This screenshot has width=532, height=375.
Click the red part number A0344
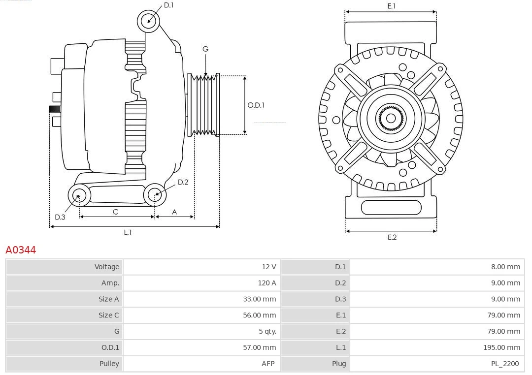[x=21, y=250]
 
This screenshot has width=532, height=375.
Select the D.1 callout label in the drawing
[x=168, y=5]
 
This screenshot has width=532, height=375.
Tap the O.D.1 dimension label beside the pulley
[x=256, y=105]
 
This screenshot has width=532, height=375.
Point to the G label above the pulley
[x=205, y=49]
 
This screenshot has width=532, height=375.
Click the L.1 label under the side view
[x=128, y=232]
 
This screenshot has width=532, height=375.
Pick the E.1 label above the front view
[x=392, y=6]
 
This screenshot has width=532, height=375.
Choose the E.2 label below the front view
[x=392, y=237]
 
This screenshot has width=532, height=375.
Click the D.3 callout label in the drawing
[x=60, y=217]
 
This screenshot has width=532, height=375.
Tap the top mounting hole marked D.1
[x=148, y=21]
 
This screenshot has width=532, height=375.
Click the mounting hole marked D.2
[x=155, y=195]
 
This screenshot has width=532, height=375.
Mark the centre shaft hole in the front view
[x=391, y=118]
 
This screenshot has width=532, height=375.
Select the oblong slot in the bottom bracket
[x=391, y=207]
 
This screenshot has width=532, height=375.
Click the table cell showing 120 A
[x=201, y=283]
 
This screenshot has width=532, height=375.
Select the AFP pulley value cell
[x=201, y=364]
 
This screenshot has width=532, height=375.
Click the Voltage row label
[x=64, y=267]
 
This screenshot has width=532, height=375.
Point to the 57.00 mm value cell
[x=201, y=347]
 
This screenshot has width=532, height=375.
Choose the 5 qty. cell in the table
[x=201, y=331]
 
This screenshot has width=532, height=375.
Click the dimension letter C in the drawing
[x=115, y=212]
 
